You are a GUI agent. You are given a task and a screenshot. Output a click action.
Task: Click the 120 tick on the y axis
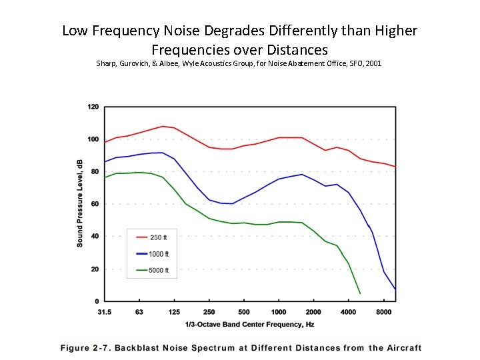(93, 107)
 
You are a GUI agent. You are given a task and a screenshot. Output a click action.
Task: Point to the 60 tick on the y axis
(95, 204)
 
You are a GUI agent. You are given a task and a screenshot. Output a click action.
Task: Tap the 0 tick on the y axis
(97, 301)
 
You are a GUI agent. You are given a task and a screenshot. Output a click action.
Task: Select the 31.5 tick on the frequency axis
(105, 311)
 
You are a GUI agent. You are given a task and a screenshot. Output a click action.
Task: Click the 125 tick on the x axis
(174, 311)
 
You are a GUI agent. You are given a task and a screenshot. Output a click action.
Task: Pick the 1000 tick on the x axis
(279, 311)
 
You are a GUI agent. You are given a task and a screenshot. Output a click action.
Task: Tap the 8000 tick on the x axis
(383, 311)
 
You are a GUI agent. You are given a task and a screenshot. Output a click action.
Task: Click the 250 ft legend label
(160, 237)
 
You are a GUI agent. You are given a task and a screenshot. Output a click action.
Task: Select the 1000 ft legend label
(160, 254)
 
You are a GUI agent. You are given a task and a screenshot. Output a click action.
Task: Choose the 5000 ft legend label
(160, 271)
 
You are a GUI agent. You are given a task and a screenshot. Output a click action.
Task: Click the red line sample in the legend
(141, 237)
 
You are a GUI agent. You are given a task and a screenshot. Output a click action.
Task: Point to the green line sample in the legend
(141, 271)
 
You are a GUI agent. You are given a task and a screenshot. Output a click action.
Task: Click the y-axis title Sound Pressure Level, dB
(80, 204)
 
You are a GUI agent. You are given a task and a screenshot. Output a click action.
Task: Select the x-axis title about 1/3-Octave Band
(250, 324)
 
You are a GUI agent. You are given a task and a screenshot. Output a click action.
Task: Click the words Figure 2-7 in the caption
(85, 348)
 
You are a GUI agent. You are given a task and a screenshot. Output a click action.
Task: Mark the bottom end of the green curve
(360, 293)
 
